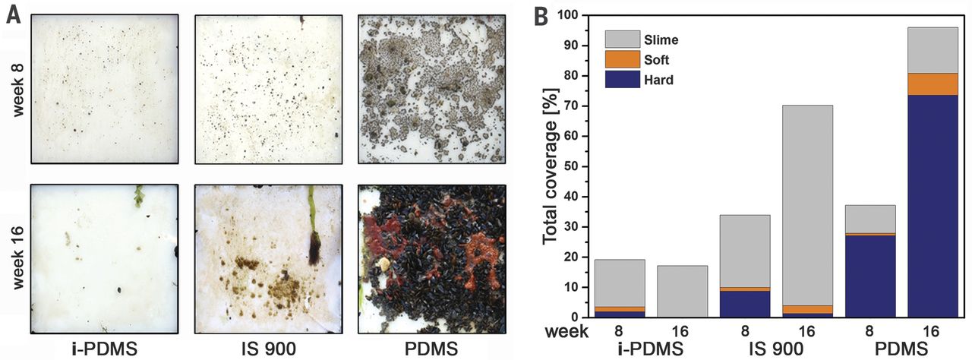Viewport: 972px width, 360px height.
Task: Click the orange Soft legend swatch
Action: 621,58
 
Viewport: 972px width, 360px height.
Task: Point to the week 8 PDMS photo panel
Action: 431,89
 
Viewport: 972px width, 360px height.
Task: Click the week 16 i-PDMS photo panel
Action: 104,259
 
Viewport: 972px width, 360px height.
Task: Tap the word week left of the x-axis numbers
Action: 567,331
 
